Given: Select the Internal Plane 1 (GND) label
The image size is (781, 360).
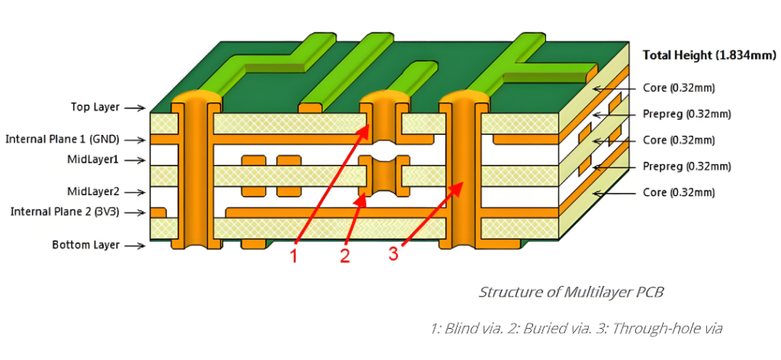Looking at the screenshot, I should [x=64, y=140].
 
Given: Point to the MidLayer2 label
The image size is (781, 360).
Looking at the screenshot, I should [x=95, y=191].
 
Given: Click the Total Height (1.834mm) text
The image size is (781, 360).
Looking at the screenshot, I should [x=709, y=55].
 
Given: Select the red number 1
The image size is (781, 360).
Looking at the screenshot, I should [x=294, y=256].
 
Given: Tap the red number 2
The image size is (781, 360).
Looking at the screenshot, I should [x=345, y=256].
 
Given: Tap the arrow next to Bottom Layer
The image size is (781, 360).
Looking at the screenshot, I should [x=134, y=246].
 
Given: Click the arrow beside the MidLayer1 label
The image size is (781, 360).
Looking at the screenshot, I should [x=134, y=160].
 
